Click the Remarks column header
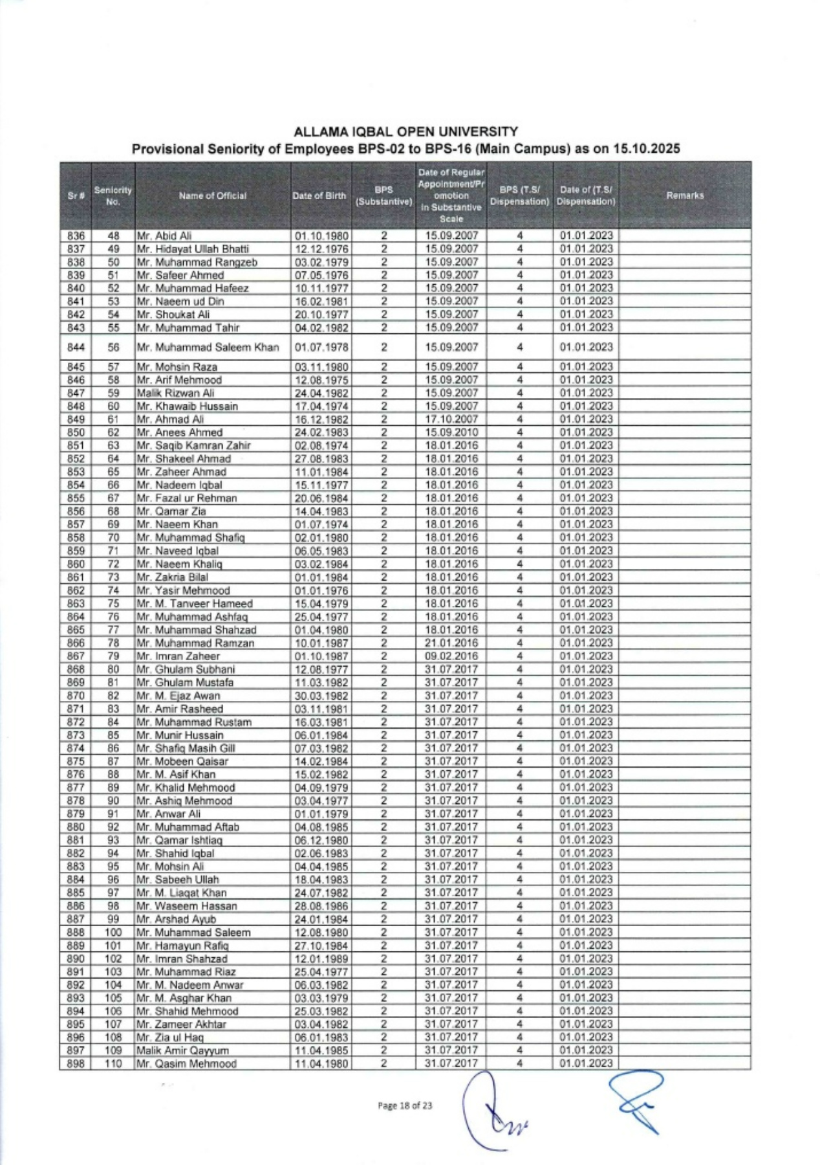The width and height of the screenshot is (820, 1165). tap(685, 195)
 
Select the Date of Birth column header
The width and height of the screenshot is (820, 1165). tap(319, 195)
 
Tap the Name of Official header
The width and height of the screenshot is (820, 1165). tap(213, 195)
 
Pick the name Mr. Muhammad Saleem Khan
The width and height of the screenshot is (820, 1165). tap(208, 348)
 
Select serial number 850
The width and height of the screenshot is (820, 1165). tap(76, 432)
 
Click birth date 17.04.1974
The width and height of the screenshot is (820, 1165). tap(321, 406)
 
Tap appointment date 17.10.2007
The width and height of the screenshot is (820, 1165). tap(451, 419)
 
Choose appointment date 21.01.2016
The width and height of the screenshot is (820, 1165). tap(451, 643)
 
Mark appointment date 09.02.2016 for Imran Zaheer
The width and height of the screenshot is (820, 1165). tap(451, 656)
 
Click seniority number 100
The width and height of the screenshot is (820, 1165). tap(113, 933)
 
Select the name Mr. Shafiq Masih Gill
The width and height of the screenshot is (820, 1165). tap(186, 748)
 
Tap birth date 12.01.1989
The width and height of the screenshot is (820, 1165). tap(321, 959)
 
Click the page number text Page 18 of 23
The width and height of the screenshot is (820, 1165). tap(405, 1106)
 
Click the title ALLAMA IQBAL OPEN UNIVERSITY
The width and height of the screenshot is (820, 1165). tap(405, 132)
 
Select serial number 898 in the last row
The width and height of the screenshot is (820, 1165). tap(76, 1063)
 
